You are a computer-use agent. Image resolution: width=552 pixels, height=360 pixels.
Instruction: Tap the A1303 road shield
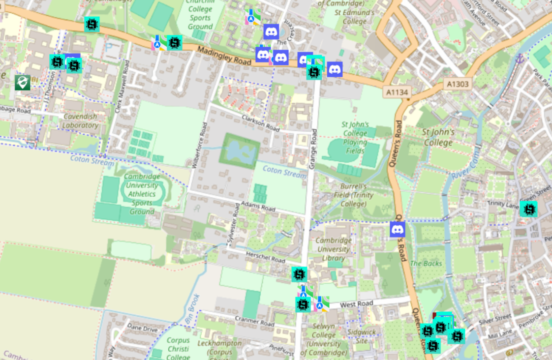(457, 84)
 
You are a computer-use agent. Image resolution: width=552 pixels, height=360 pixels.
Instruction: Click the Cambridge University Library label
(334, 249)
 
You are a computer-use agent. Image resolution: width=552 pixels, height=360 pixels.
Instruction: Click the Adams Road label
(258, 207)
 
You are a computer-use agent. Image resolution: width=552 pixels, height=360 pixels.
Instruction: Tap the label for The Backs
(426, 264)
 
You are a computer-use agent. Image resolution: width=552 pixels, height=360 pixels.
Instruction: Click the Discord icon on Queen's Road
(397, 229)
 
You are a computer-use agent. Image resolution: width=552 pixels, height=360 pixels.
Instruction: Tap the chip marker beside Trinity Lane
(528, 209)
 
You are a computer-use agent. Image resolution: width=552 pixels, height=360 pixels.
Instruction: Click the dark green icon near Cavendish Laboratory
(22, 82)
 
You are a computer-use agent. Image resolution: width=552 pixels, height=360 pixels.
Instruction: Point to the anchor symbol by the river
(519, 59)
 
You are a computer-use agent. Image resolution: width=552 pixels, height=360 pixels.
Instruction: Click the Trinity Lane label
(502, 203)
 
